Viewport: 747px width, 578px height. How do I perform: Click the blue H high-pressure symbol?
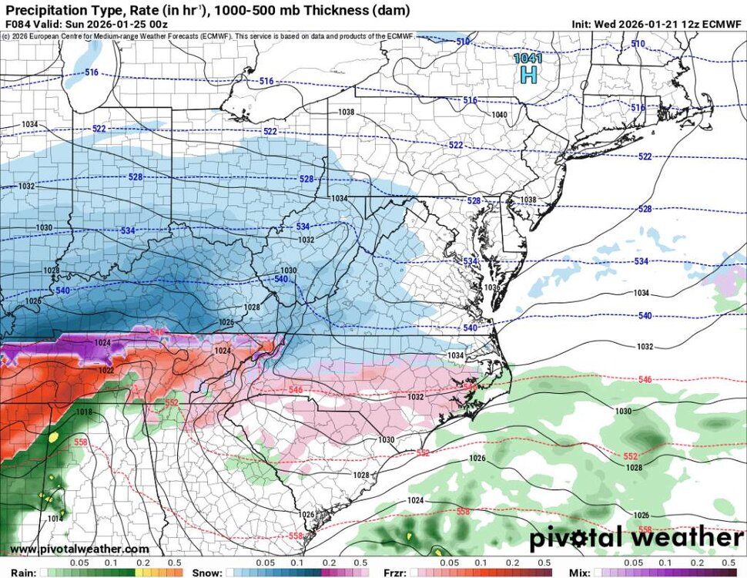coord(528,74)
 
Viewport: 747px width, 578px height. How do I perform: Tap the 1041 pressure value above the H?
coord(528,58)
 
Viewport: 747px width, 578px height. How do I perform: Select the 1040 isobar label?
coord(500,115)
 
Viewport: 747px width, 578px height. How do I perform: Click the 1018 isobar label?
coord(84,412)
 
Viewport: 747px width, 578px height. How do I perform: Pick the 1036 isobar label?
coord(493,287)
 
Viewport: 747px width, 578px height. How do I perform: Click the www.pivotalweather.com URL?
coord(79,549)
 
